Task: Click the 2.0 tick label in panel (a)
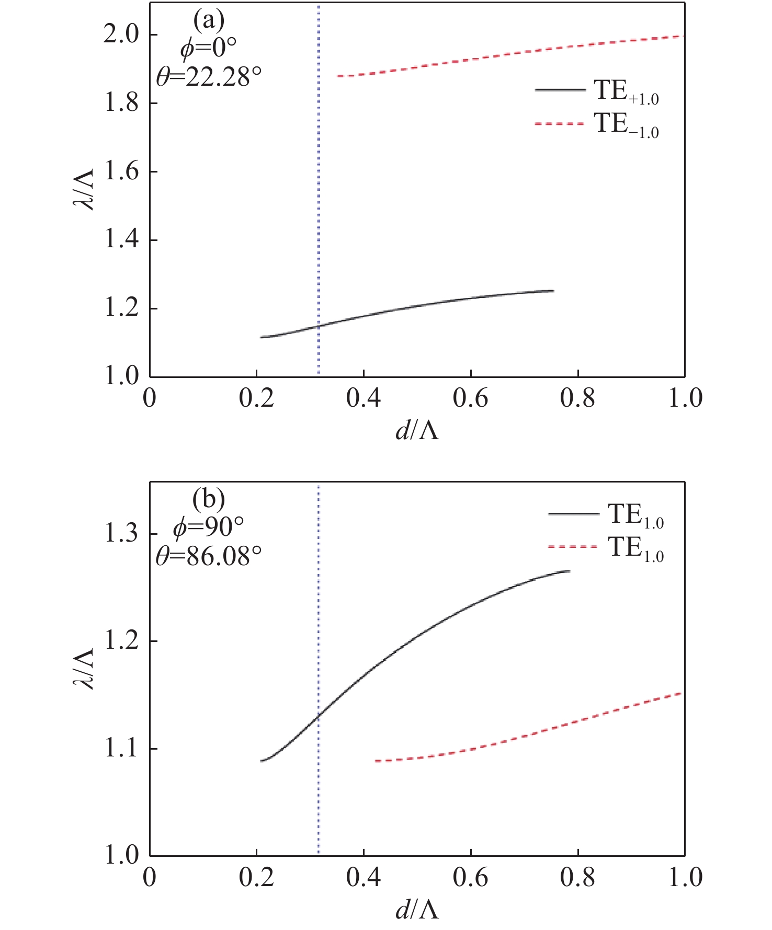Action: [122, 35]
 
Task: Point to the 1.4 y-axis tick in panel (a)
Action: [122, 240]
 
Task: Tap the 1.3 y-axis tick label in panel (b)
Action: [122, 534]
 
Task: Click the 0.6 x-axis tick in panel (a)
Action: [470, 398]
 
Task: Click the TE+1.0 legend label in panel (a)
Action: [626, 92]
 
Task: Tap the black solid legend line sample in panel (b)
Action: [573, 514]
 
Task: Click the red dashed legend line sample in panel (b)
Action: [573, 547]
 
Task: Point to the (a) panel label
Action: [209, 21]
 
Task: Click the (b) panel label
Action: [209, 500]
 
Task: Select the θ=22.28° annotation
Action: [209, 77]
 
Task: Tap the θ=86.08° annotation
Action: [209, 556]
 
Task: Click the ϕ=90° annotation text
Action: [209, 528]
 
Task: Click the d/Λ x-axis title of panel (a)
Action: [417, 431]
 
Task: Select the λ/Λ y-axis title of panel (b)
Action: [83, 669]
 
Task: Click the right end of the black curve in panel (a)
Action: [553, 291]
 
